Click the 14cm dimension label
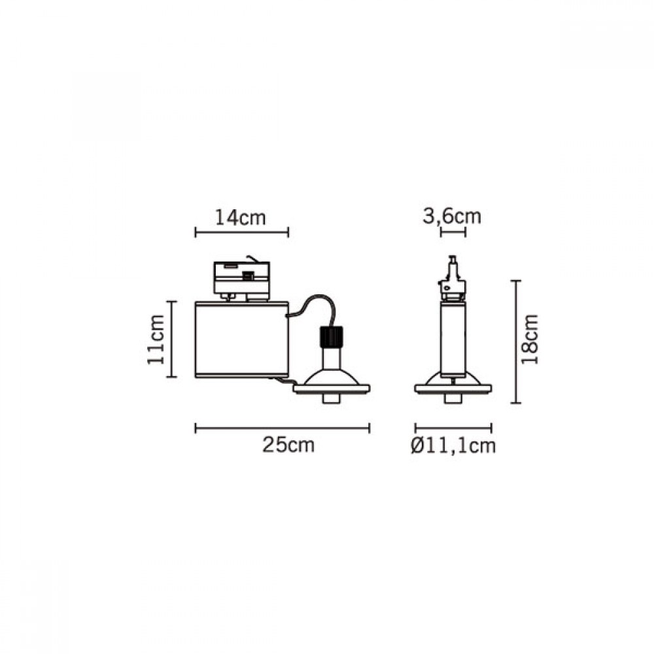[240, 218]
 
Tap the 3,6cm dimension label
[452, 217]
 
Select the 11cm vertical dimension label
[156, 339]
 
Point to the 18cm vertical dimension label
[529, 339]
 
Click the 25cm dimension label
[288, 445]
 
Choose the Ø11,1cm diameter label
[453, 445]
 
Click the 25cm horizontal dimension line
[283, 428]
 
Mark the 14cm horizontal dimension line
[241, 232]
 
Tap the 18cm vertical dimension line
[516, 341]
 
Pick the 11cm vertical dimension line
[171, 339]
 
